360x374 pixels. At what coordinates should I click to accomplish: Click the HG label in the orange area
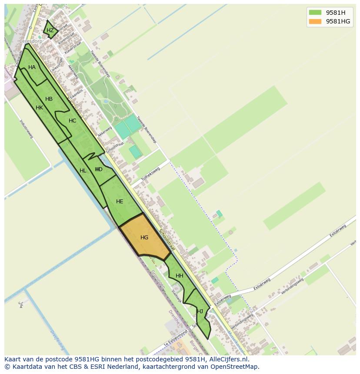(144, 238)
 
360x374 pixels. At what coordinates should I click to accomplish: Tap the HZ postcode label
(50, 30)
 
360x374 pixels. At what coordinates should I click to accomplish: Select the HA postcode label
(32, 67)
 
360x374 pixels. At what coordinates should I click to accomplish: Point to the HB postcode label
(49, 99)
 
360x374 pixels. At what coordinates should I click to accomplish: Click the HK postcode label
(39, 108)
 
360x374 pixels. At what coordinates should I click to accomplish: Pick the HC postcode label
(72, 121)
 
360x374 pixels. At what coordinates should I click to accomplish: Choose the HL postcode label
(83, 171)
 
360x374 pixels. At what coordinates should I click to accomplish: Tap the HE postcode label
(120, 202)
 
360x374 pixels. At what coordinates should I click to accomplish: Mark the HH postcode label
(179, 276)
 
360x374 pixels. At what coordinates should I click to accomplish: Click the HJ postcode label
(200, 311)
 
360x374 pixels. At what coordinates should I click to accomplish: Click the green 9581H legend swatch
(315, 12)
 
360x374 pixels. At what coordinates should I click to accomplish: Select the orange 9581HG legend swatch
(315, 21)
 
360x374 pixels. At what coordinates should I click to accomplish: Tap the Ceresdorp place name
(30, 42)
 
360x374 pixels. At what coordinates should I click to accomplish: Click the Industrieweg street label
(27, 129)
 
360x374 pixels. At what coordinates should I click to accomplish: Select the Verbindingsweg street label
(292, 286)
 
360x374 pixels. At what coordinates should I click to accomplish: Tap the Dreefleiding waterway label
(57, 340)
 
